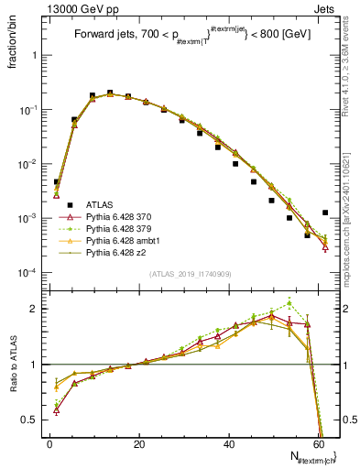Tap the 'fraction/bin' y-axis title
coord(14,44)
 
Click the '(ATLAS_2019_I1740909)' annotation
coord(191,273)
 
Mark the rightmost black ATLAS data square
coord(325,213)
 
